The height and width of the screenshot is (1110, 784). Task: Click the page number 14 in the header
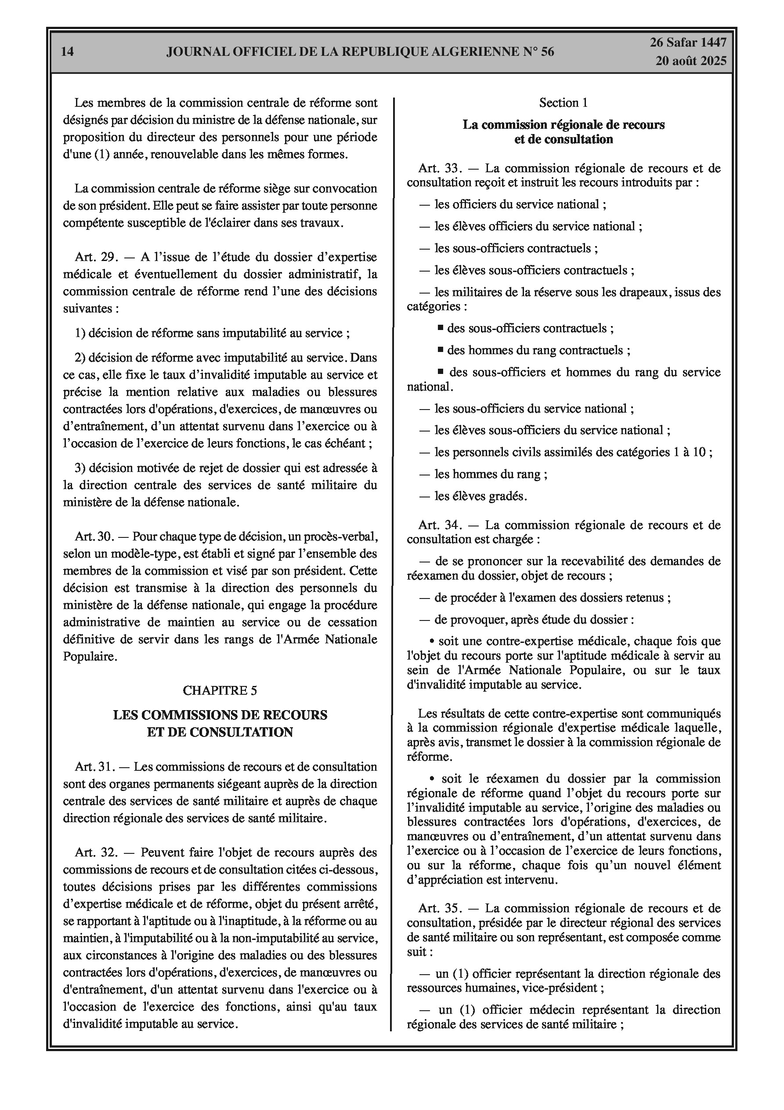[x=68, y=51]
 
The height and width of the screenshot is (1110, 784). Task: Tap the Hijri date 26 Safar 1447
[x=687, y=43]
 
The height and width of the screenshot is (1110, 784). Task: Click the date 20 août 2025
[x=691, y=61]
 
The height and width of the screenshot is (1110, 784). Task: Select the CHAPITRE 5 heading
[x=220, y=690]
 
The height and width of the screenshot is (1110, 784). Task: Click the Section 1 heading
[x=563, y=102]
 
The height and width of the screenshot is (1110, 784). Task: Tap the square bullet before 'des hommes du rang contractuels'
[x=441, y=349]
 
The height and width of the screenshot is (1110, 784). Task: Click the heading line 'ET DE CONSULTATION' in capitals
[x=220, y=732]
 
